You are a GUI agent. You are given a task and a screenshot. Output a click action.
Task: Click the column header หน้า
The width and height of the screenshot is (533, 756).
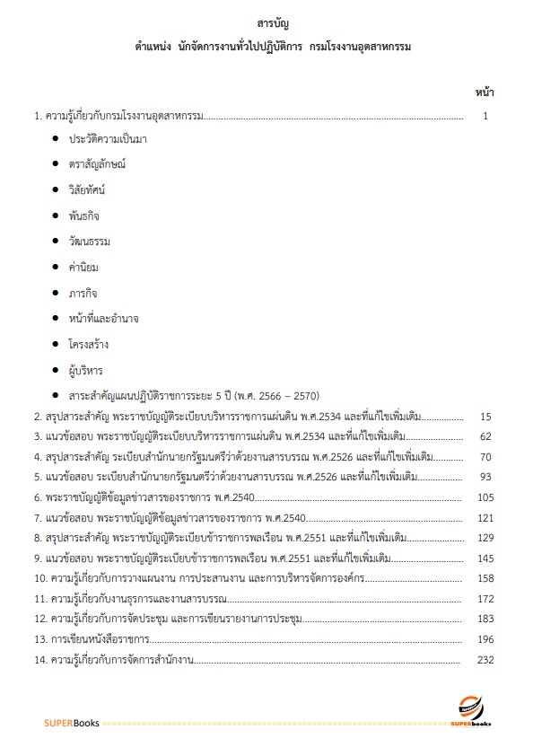click(x=485, y=92)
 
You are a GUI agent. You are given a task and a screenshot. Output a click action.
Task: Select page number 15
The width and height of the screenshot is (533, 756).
click(x=486, y=417)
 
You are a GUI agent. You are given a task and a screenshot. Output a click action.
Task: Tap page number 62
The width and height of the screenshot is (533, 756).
click(x=486, y=436)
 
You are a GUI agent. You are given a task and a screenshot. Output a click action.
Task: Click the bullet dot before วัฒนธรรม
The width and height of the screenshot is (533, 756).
click(x=56, y=242)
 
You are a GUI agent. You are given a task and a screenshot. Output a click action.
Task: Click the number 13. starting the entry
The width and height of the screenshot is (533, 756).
click(x=40, y=639)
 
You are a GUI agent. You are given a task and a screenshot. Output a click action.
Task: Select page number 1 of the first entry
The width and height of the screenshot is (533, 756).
click(x=485, y=115)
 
